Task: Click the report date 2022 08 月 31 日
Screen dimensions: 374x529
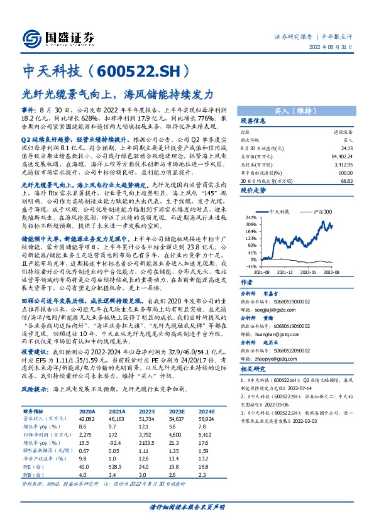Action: coord(338,47)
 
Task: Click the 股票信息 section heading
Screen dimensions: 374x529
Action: coord(255,121)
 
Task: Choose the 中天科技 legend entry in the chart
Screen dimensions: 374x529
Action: coord(281,213)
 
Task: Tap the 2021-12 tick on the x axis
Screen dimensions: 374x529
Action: coord(287,271)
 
